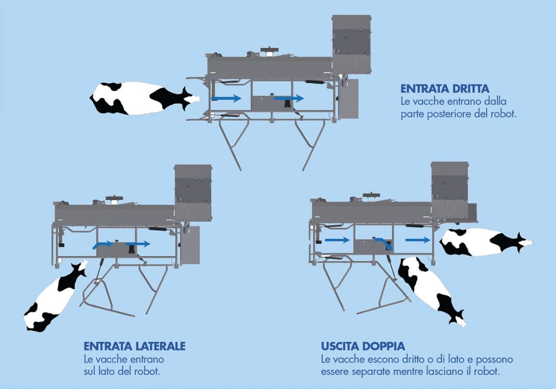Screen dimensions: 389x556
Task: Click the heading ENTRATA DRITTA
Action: (445, 89)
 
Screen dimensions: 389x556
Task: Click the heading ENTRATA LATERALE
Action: (134, 346)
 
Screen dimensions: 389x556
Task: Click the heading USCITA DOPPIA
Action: (364, 346)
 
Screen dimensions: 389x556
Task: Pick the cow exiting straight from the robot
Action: (484, 242)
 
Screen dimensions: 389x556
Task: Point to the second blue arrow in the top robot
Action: (289, 98)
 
